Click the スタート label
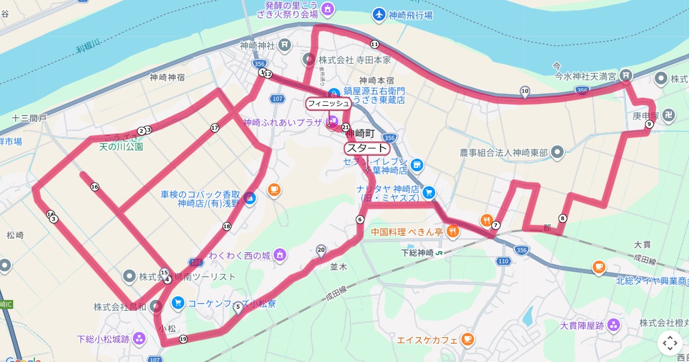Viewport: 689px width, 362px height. [x=366, y=148]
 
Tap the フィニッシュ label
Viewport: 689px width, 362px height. [x=328, y=103]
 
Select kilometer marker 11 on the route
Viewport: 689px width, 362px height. [x=374, y=44]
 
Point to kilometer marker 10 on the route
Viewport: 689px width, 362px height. [x=524, y=90]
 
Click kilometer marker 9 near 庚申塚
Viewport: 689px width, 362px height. [x=649, y=124]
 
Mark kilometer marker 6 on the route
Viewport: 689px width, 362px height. [x=360, y=219]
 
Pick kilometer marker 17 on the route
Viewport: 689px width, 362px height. [x=215, y=128]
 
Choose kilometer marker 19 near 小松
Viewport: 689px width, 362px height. [x=183, y=339]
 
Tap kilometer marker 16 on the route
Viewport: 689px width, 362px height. [x=95, y=187]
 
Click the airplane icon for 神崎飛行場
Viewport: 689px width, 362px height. [x=379, y=14]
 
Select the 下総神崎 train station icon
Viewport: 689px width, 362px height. [x=439, y=252]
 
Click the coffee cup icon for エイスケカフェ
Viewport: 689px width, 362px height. [x=468, y=338]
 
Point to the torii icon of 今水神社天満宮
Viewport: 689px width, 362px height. [x=626, y=75]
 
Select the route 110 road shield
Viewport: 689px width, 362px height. [x=503, y=261]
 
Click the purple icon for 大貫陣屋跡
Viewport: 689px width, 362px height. [x=614, y=325]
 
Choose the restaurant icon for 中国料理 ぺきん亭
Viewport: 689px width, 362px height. [x=453, y=232]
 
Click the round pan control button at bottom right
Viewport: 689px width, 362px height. [x=670, y=343]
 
